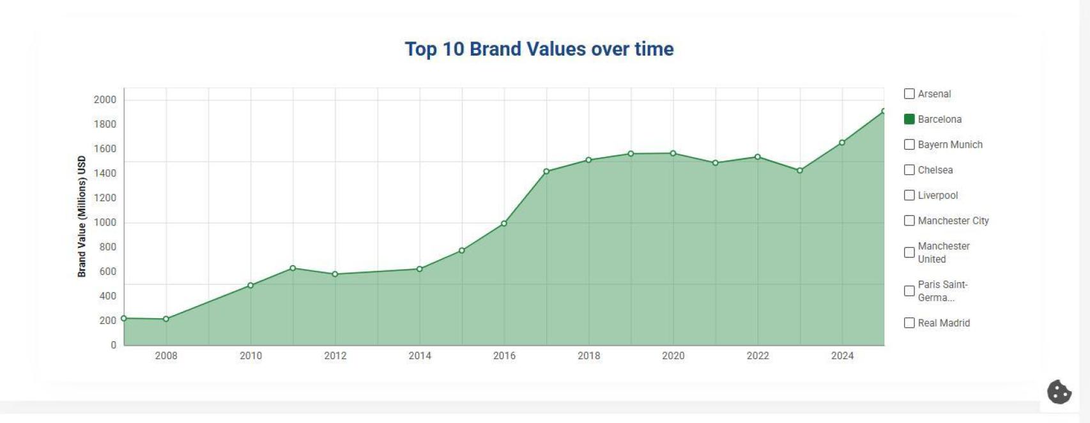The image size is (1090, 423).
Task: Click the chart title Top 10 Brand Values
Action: pyautogui.click(x=539, y=49)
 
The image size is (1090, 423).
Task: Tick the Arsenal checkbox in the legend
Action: pyautogui.click(x=909, y=94)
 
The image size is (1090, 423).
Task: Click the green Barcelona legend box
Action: pyautogui.click(x=909, y=119)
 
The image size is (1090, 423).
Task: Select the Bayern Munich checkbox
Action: pyautogui.click(x=909, y=145)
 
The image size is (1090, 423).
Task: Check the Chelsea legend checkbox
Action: pyautogui.click(x=909, y=170)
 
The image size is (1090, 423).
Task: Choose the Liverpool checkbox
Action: pyautogui.click(x=909, y=196)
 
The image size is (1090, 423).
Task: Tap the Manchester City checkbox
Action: pyautogui.click(x=909, y=221)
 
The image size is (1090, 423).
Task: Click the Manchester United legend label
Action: pyautogui.click(x=943, y=252)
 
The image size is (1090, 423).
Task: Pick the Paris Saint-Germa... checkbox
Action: pyautogui.click(x=909, y=291)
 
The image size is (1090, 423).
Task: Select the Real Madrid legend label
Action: pyautogui.click(x=943, y=323)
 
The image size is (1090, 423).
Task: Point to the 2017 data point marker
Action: pyautogui.click(x=546, y=171)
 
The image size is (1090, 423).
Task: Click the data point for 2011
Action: pyautogui.click(x=293, y=268)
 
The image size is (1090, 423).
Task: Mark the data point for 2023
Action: pyautogui.click(x=799, y=171)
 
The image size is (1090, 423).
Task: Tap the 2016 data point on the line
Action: pyautogui.click(x=504, y=224)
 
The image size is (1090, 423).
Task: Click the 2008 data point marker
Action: pyautogui.click(x=166, y=319)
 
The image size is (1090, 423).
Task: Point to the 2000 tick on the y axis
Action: pyautogui.click(x=105, y=100)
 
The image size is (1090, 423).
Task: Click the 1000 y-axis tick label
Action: pyautogui.click(x=105, y=222)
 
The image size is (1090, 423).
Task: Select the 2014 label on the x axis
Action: pyautogui.click(x=420, y=356)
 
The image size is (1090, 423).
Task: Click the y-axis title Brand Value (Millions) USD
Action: pyautogui.click(x=82, y=217)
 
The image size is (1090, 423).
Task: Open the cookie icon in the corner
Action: pyautogui.click(x=1059, y=392)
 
